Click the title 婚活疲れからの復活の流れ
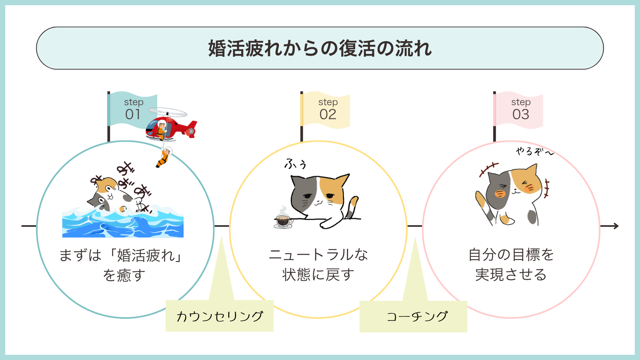(x=320, y=48)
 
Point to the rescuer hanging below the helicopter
(x=164, y=158)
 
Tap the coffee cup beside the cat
(x=283, y=220)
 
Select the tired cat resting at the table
(x=320, y=196)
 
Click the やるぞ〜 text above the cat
(x=534, y=151)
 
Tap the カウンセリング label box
(x=220, y=316)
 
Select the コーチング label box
(x=414, y=316)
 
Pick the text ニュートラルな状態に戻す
(x=318, y=264)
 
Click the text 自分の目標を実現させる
(x=511, y=264)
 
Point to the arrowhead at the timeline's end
(x=616, y=226)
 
